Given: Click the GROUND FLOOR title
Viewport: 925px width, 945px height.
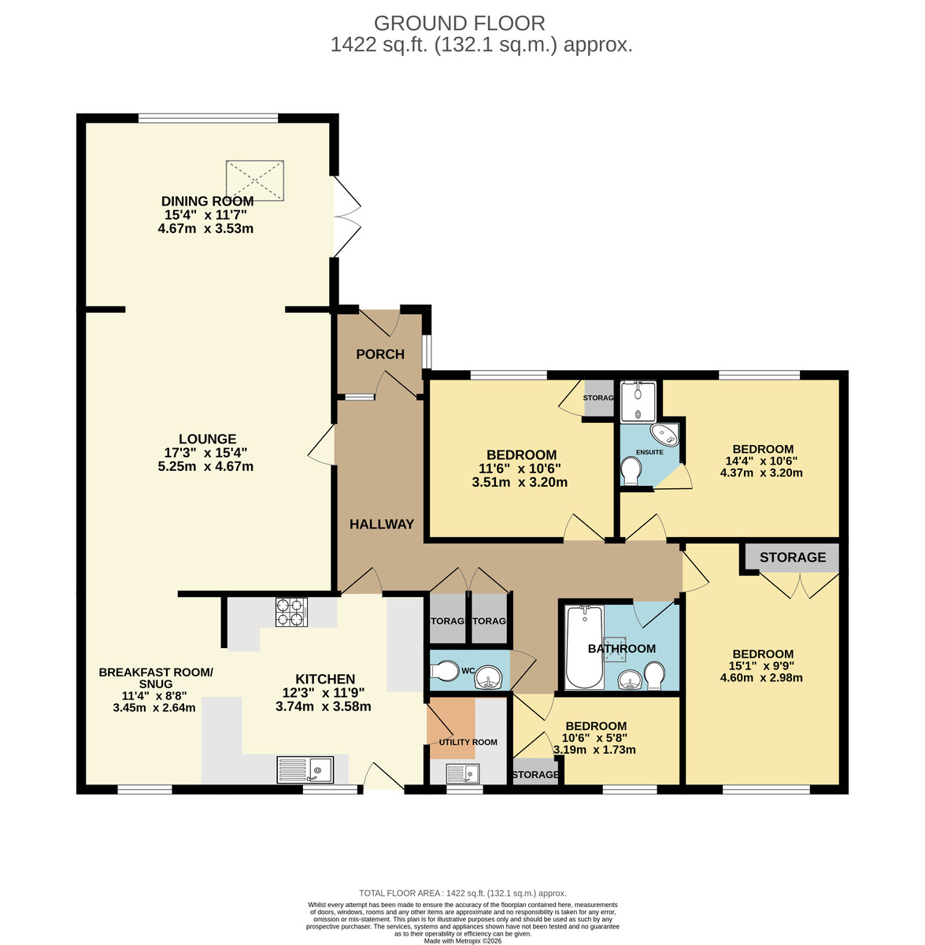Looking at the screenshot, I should [x=459, y=24].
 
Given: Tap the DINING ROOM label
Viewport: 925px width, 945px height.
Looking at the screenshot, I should [x=207, y=202].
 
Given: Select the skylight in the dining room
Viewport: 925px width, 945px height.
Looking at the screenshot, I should [x=255, y=180].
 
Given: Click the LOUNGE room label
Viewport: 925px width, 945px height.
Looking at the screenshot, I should [x=207, y=439].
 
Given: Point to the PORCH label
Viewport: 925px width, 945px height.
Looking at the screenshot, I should [x=380, y=354].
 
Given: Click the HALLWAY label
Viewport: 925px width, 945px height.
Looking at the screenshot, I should [x=382, y=524].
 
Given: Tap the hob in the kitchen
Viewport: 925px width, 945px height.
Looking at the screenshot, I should [x=290, y=613].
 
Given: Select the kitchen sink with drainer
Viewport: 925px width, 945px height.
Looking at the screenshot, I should [x=305, y=769].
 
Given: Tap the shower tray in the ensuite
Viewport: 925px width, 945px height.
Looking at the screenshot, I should [x=638, y=401].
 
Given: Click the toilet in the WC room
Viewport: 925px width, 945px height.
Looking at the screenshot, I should [x=446, y=670].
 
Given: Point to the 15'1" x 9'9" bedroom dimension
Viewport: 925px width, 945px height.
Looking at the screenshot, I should [x=762, y=665].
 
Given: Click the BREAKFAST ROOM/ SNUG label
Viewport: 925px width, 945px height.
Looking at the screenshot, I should [x=156, y=678].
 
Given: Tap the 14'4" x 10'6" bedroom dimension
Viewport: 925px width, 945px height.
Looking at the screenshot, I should [x=761, y=461].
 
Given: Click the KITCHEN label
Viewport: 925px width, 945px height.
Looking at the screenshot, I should [x=325, y=679].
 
